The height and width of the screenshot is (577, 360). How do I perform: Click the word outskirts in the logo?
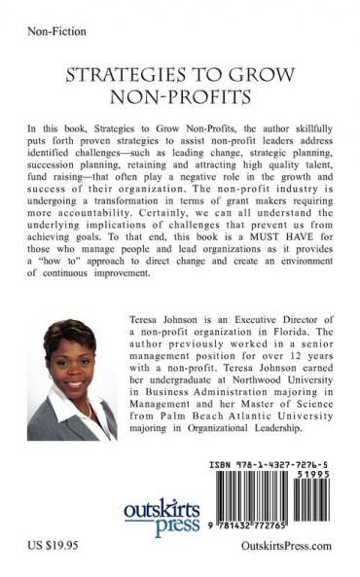pyautogui.click(x=163, y=512)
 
